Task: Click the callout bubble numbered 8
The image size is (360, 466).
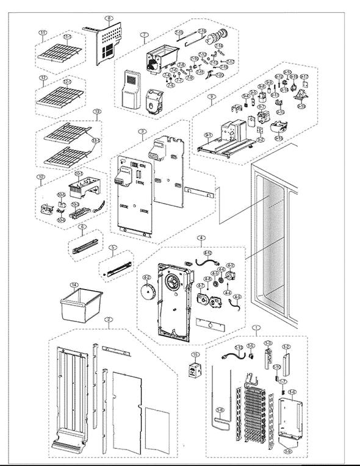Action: tap(109, 19)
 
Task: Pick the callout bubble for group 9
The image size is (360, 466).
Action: tap(211, 96)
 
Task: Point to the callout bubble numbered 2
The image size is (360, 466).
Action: tap(107, 320)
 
